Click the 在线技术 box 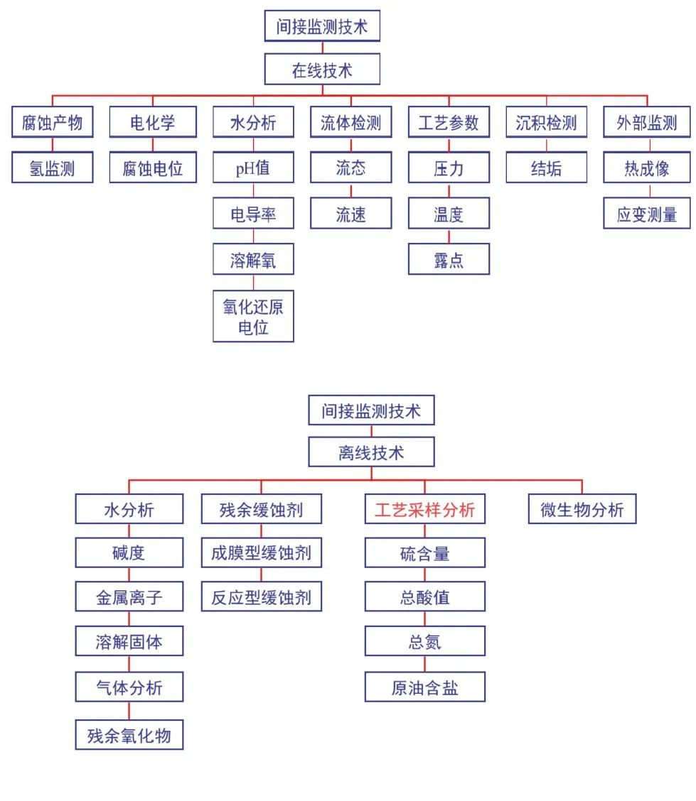[x=322, y=70]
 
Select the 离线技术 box [x=370, y=452]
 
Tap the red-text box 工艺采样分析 [x=424, y=509]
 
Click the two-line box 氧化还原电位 [x=253, y=317]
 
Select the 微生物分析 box [x=582, y=509]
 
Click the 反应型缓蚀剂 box [x=261, y=596]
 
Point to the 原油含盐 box [x=424, y=687]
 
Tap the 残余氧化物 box [x=129, y=734]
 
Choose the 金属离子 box [x=129, y=596]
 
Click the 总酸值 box [x=424, y=596]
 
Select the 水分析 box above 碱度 [x=129, y=509]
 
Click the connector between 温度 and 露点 [x=449, y=236]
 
